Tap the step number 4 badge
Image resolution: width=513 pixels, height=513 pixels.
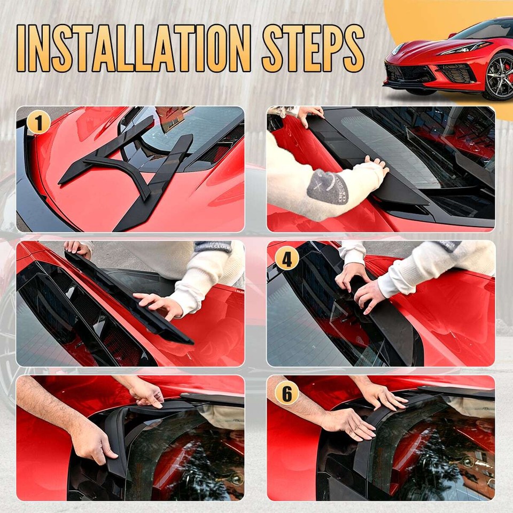coord(287,259)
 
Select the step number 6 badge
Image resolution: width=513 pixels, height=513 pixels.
coord(287,394)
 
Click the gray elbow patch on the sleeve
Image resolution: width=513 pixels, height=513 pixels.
coord(326,186)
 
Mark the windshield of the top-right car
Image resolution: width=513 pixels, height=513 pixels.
coord(484,29)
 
